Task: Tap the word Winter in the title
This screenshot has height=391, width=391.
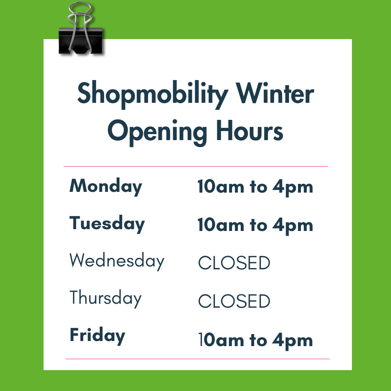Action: [276, 93]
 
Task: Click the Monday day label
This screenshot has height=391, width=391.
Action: [106, 187]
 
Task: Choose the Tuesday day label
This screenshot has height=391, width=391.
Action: [107, 224]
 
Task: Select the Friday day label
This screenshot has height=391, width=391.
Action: [97, 336]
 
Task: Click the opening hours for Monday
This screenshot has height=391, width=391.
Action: [255, 188]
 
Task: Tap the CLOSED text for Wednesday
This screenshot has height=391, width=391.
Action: [234, 263]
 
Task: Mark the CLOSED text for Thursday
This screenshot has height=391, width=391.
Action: [234, 301]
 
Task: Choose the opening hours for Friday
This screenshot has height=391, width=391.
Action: [255, 341]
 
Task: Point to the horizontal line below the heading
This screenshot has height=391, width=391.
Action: [195, 167]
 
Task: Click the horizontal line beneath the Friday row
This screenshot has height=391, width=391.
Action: [197, 359]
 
